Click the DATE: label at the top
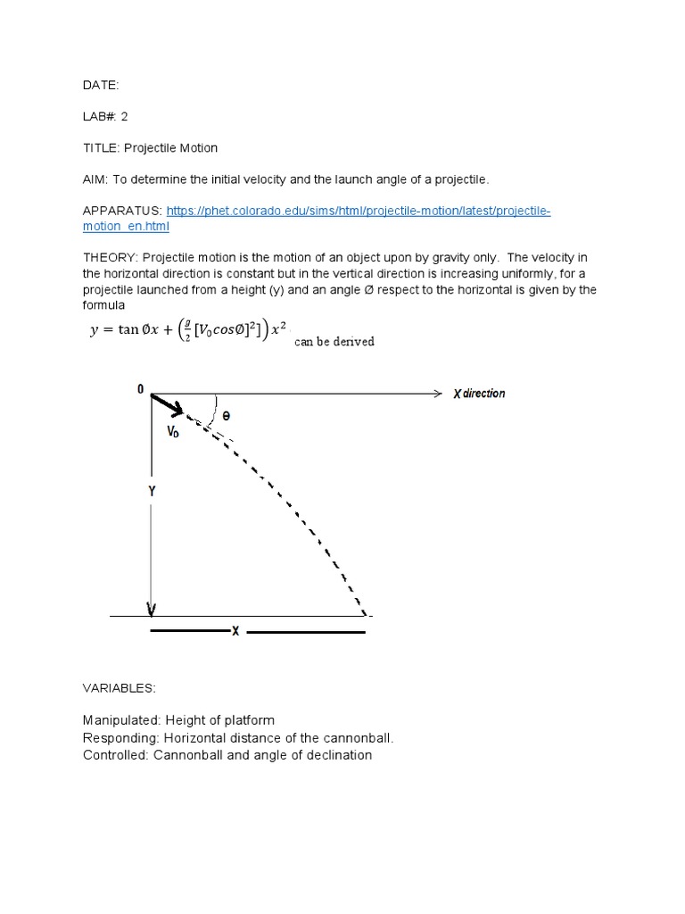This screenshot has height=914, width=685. click(100, 85)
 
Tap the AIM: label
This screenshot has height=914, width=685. click(96, 179)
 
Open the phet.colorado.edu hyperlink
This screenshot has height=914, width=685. click(357, 211)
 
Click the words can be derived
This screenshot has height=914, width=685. click(334, 341)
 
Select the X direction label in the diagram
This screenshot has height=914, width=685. click(478, 394)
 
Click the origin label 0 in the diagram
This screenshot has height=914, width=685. click(140, 389)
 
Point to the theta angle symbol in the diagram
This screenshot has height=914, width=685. click(227, 416)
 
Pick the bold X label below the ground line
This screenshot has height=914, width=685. click(235, 632)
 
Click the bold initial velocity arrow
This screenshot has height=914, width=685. click(168, 404)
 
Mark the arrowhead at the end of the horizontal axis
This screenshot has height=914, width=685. click(437, 394)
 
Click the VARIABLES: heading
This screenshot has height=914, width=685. click(119, 688)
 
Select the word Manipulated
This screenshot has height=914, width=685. click(117, 720)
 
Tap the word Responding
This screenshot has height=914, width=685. click(117, 738)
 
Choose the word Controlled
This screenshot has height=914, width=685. click(115, 755)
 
